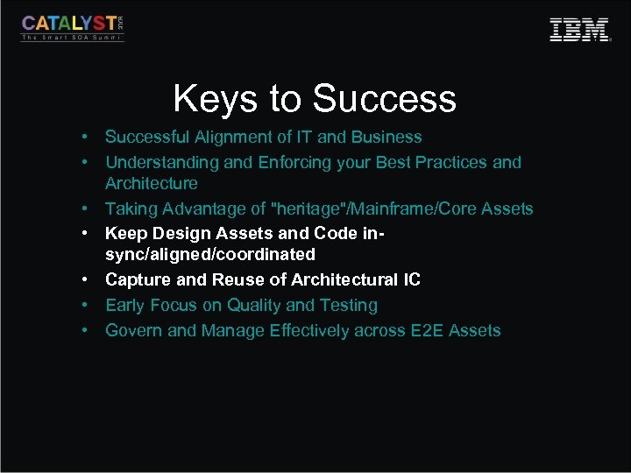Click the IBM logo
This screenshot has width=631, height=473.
[x=579, y=30]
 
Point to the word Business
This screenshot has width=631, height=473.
[x=386, y=138]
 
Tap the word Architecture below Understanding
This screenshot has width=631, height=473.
[x=152, y=184]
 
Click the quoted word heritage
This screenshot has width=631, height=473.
[x=316, y=209]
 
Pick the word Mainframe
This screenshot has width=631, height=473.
[x=410, y=209]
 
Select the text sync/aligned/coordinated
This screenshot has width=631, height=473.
[x=210, y=255]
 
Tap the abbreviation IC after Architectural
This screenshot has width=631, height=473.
[x=411, y=280]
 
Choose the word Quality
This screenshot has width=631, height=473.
[x=254, y=306]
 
